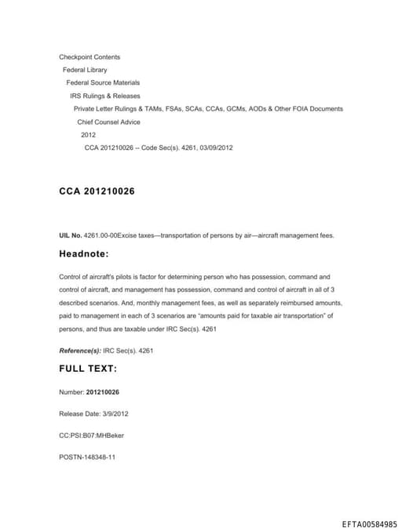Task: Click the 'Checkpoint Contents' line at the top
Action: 90,56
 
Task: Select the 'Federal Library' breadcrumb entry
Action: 85,70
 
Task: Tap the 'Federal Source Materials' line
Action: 103,82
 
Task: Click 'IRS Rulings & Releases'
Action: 104,96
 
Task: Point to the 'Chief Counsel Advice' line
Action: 108,122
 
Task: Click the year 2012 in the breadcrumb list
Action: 88,135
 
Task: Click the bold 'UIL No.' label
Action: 71,235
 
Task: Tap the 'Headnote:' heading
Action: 84,254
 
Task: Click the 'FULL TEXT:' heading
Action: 88,368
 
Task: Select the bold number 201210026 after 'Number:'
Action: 103,392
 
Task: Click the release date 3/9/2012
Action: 111,414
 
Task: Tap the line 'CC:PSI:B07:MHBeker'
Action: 91,435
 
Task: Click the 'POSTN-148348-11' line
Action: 87,457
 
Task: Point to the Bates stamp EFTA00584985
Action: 370,524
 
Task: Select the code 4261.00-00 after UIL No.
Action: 100,235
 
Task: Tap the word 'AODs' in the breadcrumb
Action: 254,108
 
